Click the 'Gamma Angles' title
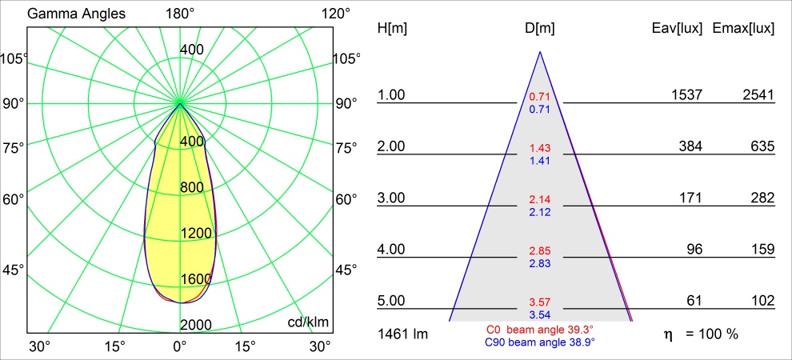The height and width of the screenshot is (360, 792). coord(65,14)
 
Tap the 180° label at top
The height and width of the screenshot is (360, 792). coord(180,14)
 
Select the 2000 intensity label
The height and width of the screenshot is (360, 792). coord(196,324)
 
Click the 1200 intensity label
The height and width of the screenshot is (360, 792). coord(196,233)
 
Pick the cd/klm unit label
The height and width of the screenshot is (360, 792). coord(308,322)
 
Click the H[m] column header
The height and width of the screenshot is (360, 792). coord(392,28)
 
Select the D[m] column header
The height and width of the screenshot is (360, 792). coord(540,28)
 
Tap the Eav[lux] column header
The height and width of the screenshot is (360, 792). coord(678,28)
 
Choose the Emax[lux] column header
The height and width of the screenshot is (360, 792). coord(743,28)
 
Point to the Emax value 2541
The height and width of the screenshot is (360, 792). coord(758,95)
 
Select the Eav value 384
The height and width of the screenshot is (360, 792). coord(691,146)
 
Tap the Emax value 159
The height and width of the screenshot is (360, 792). coord(763,249)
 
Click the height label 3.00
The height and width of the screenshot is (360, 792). coord(392,198)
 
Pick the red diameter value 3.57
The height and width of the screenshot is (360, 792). coord(540,302)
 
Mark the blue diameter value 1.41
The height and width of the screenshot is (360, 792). coord(540,161)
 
